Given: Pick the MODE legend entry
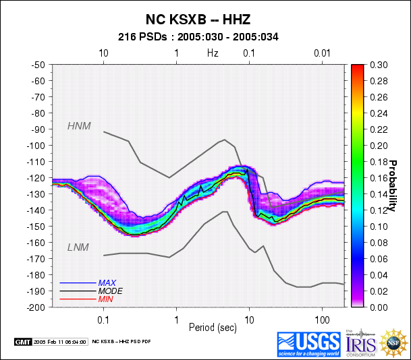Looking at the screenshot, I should pyautogui.click(x=109, y=291).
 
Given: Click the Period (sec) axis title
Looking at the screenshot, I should pyautogui.click(x=213, y=327).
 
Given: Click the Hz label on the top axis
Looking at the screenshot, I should pyautogui.click(x=213, y=53).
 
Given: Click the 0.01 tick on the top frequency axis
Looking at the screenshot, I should pyautogui.click(x=322, y=53).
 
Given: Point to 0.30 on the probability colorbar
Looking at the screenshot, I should pyautogui.click(x=379, y=65).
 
